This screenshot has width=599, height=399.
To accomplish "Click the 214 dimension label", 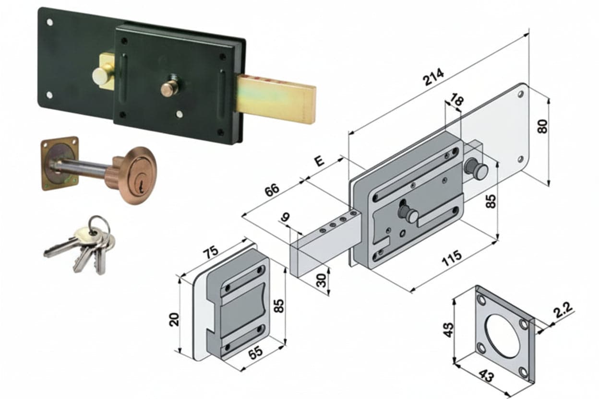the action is pos(433,77).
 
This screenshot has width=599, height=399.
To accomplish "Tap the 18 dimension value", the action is pos(457,100).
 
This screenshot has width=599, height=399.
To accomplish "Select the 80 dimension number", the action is pos(542,127).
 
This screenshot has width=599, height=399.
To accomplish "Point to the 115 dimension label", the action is pos(451,258).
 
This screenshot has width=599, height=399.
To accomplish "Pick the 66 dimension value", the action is pos(272,190).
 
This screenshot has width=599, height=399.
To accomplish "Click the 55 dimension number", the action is pos(255,353).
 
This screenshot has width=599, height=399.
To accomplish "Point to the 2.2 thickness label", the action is pos(563,309).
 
